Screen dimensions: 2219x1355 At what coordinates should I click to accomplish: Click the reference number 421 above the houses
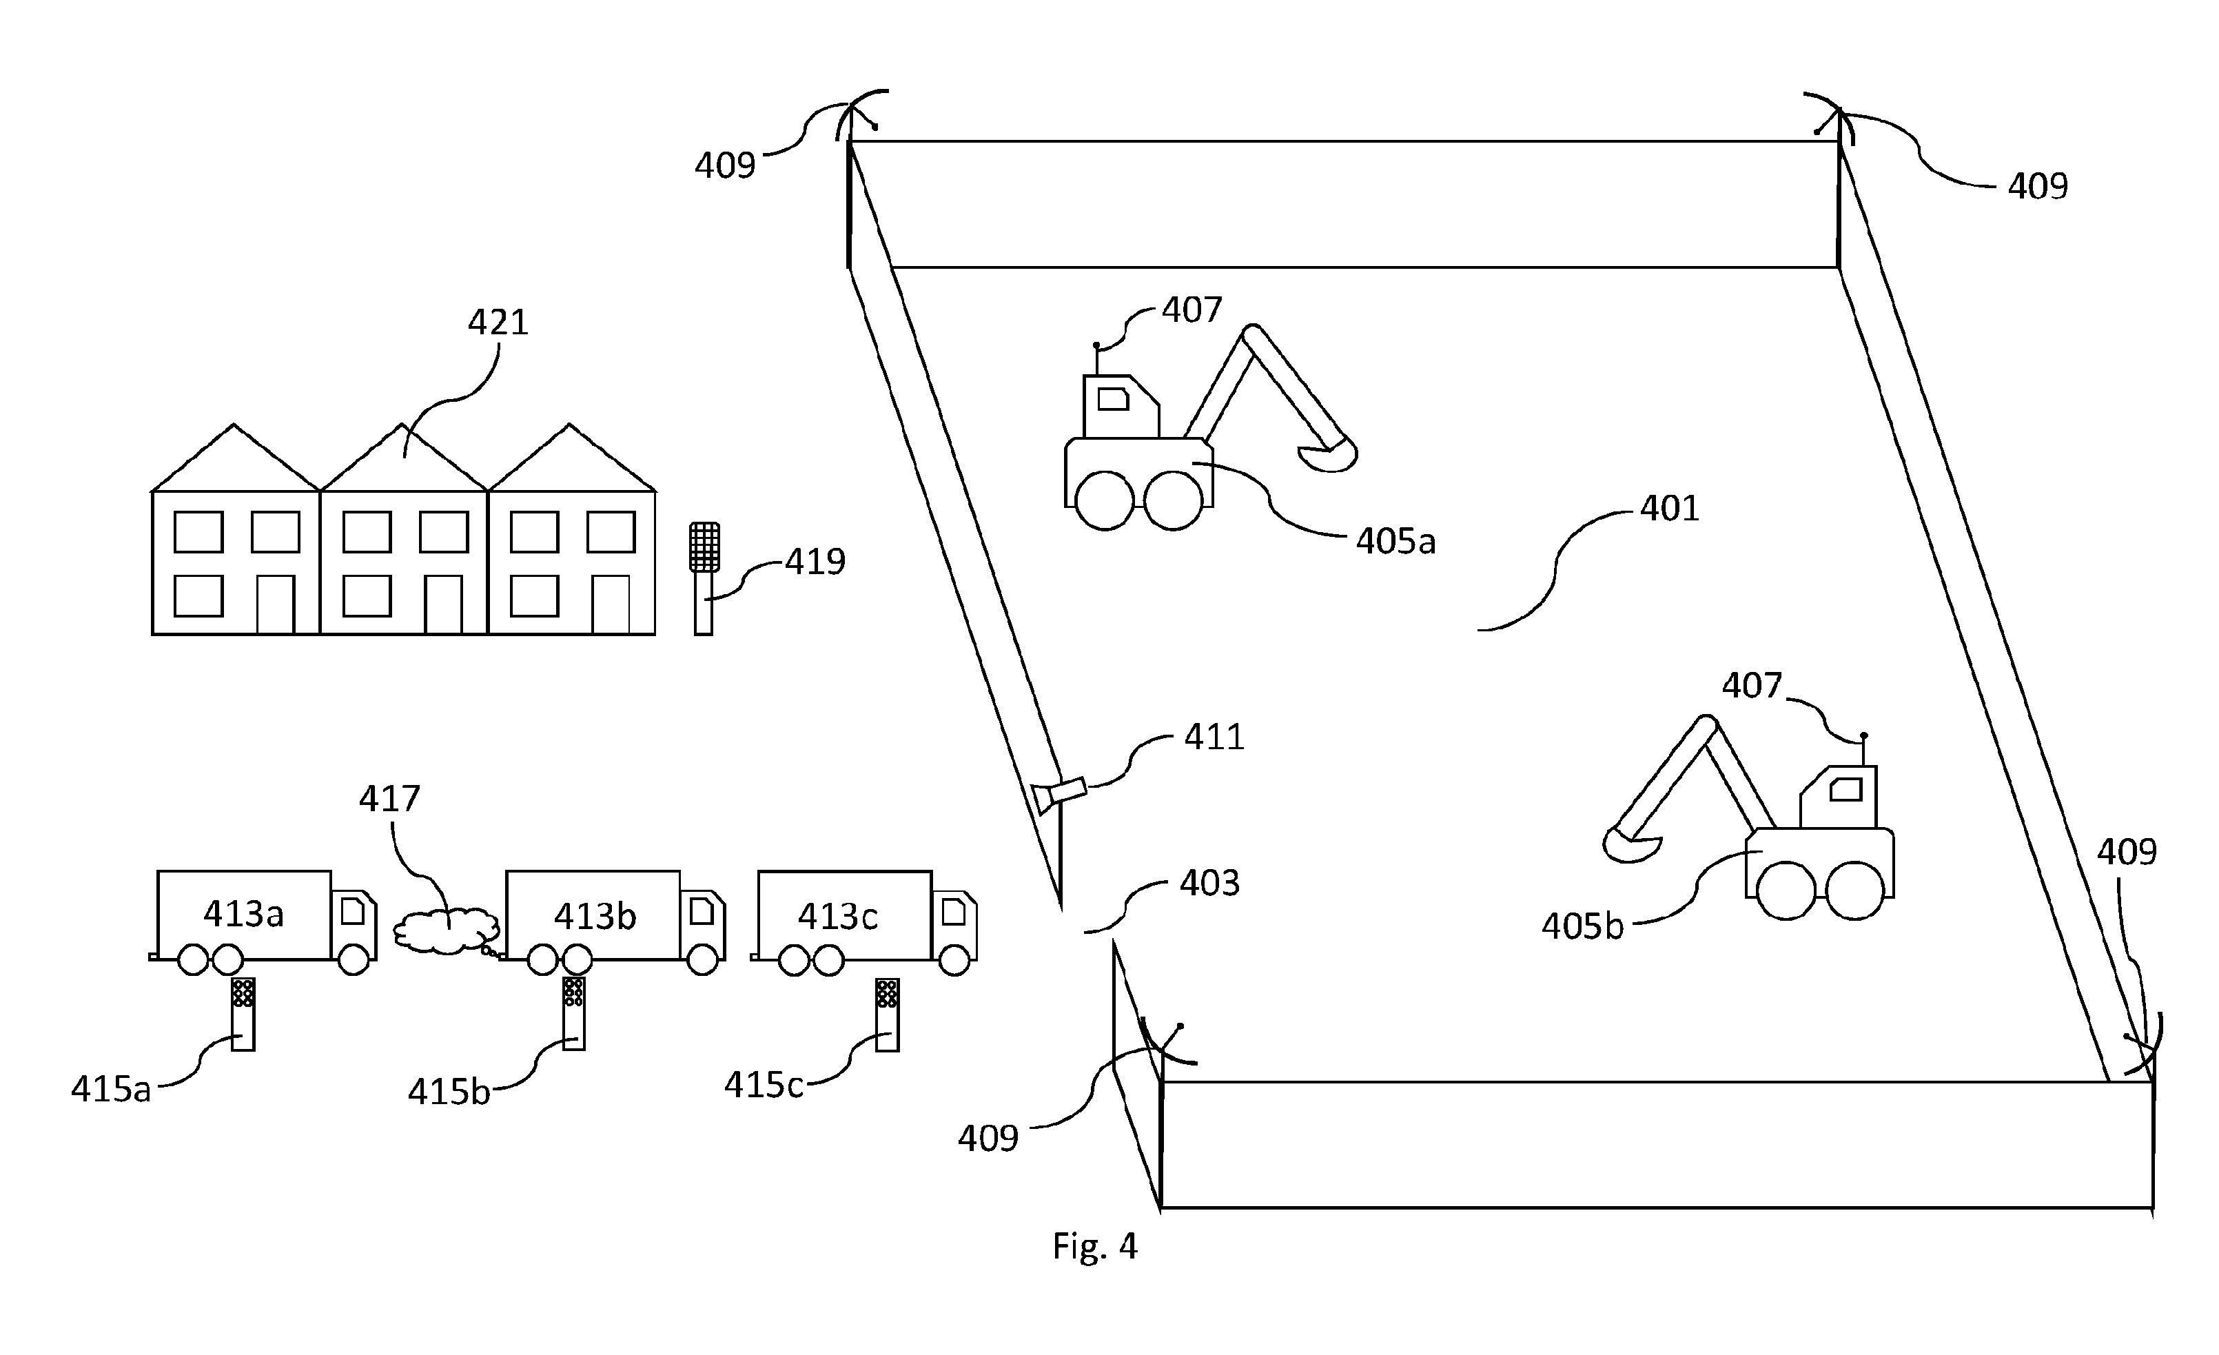tap(497, 322)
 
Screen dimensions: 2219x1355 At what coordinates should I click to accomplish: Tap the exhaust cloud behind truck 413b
tap(447, 930)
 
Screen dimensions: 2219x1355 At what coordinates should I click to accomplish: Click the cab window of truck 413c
tap(954, 912)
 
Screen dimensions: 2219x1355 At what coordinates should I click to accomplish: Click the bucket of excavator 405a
tap(1327, 454)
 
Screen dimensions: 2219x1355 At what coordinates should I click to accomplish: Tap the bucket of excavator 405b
tap(1632, 844)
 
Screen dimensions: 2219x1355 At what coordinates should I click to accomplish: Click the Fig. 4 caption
tap(1094, 1246)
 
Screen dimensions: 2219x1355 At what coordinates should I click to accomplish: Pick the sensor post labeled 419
tap(704, 578)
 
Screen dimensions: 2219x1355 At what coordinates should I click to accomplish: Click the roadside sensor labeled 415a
tap(243, 1014)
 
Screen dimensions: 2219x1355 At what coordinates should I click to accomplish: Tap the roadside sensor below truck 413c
tap(887, 1015)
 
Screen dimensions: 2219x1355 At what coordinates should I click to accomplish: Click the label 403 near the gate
tap(1209, 883)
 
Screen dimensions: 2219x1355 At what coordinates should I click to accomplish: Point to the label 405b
tap(1582, 926)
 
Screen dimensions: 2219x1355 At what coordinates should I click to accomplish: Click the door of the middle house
tap(443, 604)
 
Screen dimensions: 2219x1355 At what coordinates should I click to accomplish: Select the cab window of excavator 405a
tap(1113, 398)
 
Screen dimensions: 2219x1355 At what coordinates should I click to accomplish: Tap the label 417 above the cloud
tap(389, 798)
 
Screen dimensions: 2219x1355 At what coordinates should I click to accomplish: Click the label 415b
tap(449, 1092)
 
